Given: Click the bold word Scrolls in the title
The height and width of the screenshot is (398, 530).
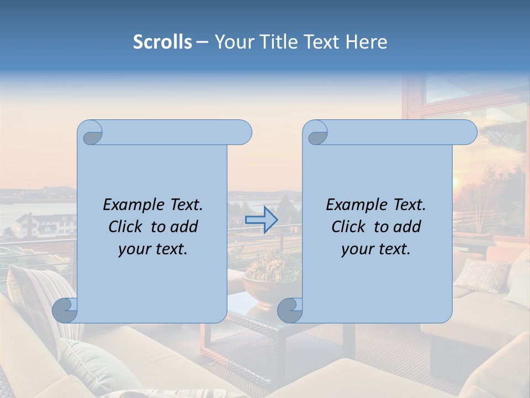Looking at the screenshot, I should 163,42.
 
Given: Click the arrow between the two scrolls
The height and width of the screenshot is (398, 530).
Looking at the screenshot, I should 261,219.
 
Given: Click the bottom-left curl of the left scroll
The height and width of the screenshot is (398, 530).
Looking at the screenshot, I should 65,310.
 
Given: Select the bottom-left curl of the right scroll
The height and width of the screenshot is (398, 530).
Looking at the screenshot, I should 290,310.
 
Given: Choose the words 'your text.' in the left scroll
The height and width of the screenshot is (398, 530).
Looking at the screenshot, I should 153,249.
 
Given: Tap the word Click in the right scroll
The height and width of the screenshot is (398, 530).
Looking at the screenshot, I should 348,227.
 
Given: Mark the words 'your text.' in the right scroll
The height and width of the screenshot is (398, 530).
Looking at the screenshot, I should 376,249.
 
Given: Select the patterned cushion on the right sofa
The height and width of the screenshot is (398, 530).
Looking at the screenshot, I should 481,275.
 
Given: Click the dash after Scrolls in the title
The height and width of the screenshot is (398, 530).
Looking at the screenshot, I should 202,42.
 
